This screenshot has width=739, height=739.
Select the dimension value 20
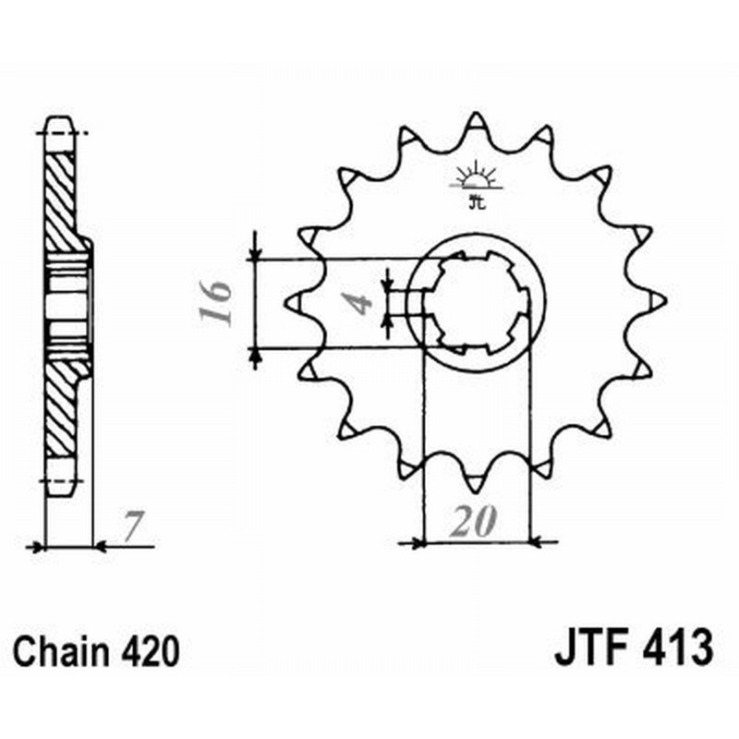click(x=473, y=523)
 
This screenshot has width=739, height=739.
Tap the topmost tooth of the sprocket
click(x=477, y=122)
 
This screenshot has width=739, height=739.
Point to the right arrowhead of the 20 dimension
click(x=540, y=542)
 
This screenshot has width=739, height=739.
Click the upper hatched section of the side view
click(x=61, y=199)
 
